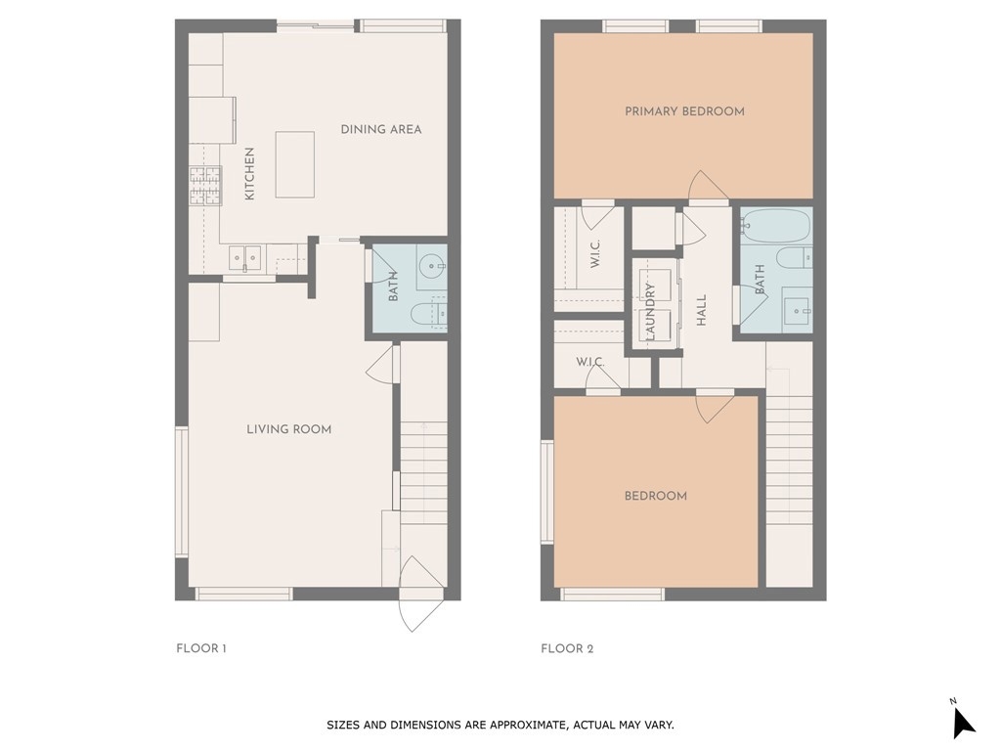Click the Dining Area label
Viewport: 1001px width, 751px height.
(x=381, y=129)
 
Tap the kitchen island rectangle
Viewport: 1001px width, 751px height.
(x=295, y=164)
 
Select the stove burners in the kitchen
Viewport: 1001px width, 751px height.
(x=205, y=186)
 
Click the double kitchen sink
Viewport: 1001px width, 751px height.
(x=245, y=258)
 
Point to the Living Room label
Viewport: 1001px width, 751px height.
(x=289, y=429)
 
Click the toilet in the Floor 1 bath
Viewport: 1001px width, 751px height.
(x=428, y=314)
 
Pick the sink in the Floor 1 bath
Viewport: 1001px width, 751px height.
(x=433, y=265)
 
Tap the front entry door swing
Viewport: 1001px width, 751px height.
(x=420, y=594)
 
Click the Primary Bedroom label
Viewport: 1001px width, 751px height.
(x=684, y=111)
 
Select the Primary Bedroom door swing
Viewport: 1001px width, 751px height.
(x=708, y=186)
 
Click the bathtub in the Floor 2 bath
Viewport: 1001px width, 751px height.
(x=776, y=226)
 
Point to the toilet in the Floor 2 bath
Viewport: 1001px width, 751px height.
(x=794, y=257)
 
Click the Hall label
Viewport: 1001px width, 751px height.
(x=701, y=310)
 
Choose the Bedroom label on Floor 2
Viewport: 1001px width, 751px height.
(x=656, y=496)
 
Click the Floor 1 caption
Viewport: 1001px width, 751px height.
(x=201, y=648)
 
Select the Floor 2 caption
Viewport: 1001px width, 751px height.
(x=567, y=648)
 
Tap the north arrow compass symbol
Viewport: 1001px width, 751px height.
(x=963, y=722)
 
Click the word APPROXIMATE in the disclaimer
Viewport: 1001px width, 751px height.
(x=527, y=725)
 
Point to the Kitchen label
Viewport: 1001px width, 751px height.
(x=249, y=174)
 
